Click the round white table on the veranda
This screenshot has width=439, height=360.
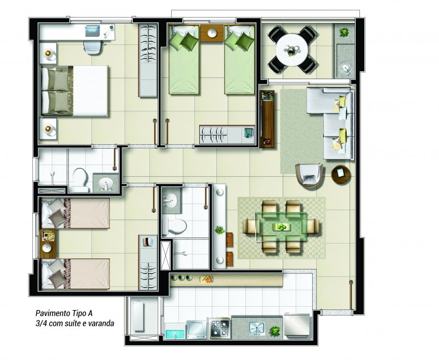click(x=292, y=50)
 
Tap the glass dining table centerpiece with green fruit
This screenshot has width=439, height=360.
click(x=282, y=227)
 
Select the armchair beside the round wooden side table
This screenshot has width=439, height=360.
click(x=309, y=176)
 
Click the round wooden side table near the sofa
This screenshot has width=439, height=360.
click(x=341, y=175)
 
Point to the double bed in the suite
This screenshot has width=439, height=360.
click(x=75, y=91)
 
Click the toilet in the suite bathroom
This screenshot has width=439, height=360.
click(x=80, y=179)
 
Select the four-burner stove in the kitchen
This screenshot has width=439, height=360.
click(x=221, y=328)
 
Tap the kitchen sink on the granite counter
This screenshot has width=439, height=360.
click(x=257, y=328)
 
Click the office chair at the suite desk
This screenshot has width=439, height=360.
click(x=93, y=48)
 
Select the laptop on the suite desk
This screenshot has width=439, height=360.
click(x=92, y=31)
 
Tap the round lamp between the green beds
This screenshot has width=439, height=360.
click(x=212, y=33)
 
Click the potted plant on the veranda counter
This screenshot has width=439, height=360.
click(x=344, y=32)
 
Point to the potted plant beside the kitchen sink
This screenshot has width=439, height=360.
click(x=275, y=331)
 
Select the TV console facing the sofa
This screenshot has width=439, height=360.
click(x=267, y=119)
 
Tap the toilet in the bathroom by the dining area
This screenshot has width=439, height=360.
click(x=175, y=226)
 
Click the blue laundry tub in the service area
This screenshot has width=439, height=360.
click(x=175, y=331)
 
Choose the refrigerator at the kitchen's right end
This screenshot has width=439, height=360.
click(x=297, y=326)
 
